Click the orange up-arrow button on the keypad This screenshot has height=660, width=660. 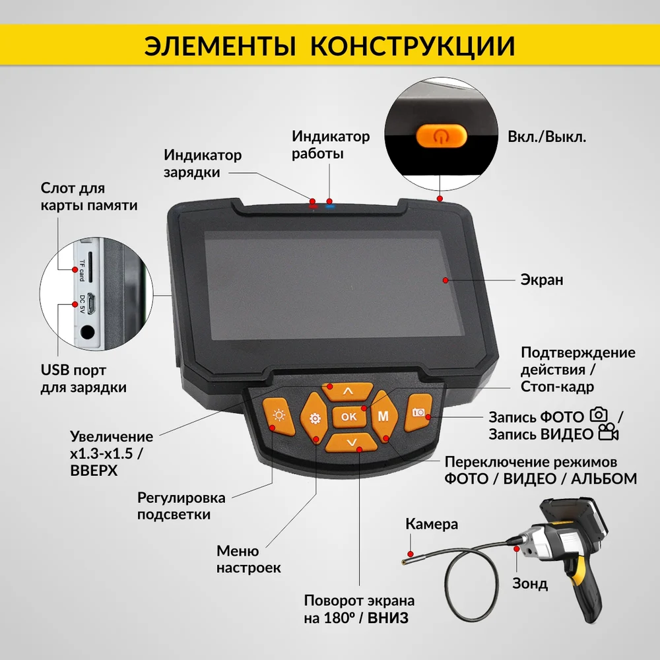[x=348, y=391]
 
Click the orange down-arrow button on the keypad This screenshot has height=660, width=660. [x=352, y=442]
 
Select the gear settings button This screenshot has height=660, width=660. [x=314, y=418]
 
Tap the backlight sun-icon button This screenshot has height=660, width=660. [x=279, y=415]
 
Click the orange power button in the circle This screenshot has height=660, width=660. [x=441, y=135]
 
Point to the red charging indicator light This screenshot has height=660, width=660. [x=312, y=206]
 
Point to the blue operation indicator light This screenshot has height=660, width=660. [x=330, y=206]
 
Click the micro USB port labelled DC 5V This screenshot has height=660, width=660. [x=92, y=303]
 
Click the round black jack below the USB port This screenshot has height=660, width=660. [x=87, y=333]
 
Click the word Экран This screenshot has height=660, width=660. [x=542, y=280]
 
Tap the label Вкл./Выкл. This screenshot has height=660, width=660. [x=546, y=137]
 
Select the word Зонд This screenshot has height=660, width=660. [x=530, y=584]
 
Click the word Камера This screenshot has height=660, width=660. [x=432, y=524]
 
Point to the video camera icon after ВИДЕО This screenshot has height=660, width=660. [x=609, y=432]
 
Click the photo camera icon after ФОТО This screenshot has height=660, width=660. [x=599, y=415]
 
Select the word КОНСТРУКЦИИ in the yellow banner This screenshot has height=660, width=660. [x=412, y=46]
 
